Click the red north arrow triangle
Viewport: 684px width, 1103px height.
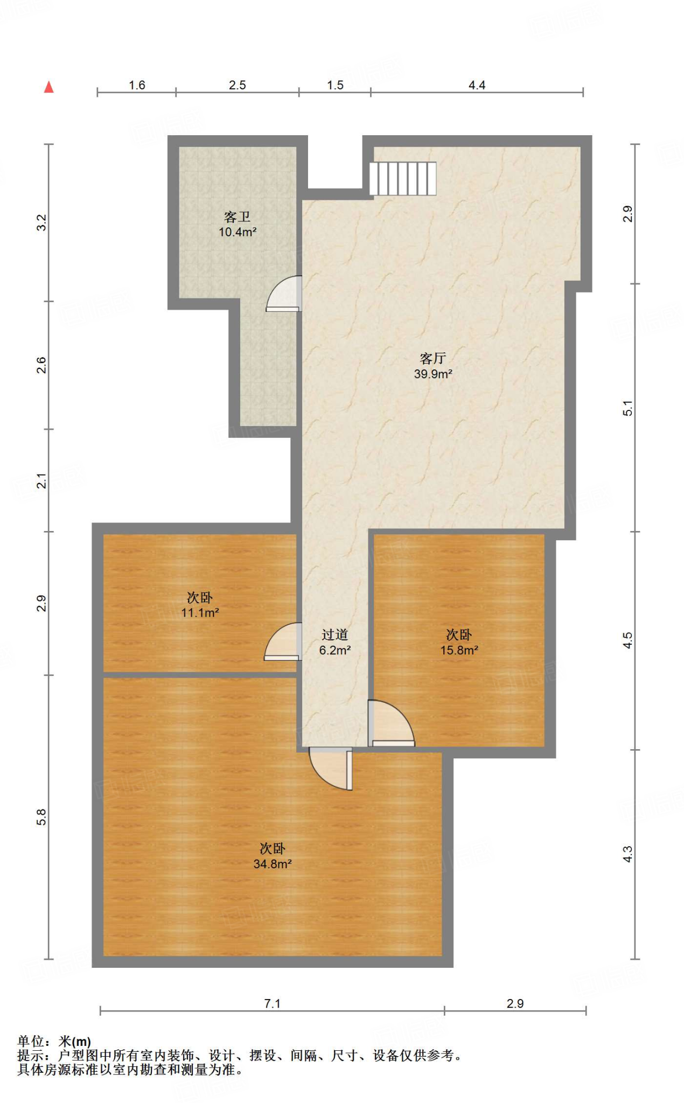coord(49,87)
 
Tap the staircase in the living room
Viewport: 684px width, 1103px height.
coord(402,179)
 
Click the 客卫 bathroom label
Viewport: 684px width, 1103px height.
coord(238,217)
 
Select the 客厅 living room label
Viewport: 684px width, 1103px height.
coord(432,358)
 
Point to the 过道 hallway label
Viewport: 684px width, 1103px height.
coord(335,635)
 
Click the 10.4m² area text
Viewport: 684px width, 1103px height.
coord(238,232)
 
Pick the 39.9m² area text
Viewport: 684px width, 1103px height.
coord(433,374)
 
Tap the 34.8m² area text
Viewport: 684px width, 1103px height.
coord(273,864)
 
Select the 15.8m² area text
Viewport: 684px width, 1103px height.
coord(459,650)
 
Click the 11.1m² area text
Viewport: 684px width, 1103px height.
coord(200,612)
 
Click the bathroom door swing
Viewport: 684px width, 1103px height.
coord(284,294)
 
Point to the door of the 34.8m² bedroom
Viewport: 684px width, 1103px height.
coord(331,769)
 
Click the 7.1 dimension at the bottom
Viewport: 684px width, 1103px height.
coord(273,1003)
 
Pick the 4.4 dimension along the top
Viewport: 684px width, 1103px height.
coord(477,85)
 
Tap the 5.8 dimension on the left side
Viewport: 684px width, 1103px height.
coord(41,817)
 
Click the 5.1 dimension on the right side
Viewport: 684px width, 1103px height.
coord(628,408)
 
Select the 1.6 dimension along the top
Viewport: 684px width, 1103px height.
coord(137,85)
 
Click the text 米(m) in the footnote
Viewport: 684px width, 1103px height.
coord(75,1042)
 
